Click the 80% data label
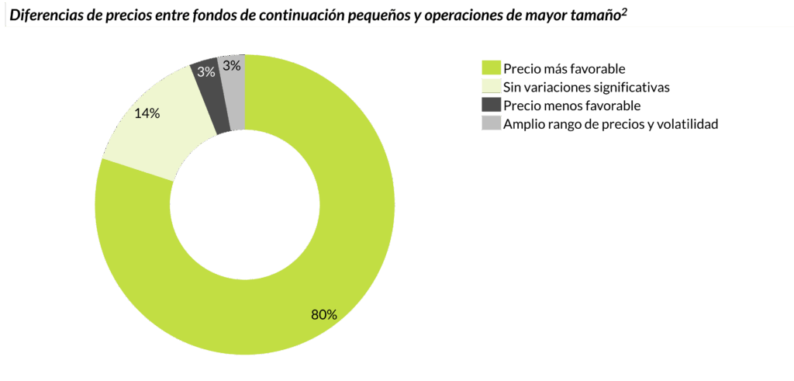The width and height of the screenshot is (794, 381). point(323,314)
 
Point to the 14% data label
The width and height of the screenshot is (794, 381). point(147,113)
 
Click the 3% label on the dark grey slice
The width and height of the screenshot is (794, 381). point(205,72)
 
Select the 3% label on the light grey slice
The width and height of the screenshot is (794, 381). point(231,67)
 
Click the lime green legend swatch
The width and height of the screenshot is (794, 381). point(491,68)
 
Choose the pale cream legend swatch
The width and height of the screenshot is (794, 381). point(491,86)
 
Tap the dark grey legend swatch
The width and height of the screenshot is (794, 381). point(491,105)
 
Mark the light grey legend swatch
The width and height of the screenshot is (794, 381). point(491,123)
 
